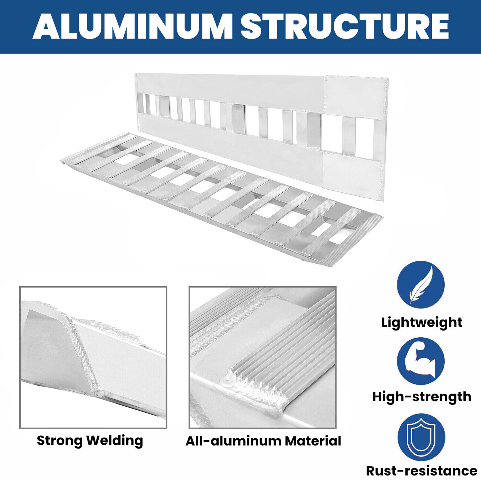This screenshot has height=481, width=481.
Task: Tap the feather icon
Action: click(421, 284)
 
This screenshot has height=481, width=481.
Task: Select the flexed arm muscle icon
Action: click(421, 361)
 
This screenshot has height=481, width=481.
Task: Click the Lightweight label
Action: click(421, 323)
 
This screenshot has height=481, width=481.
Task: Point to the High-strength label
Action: click(421, 397)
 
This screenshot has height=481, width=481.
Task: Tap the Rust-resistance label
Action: click(421, 471)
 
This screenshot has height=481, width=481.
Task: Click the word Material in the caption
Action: click(313, 441)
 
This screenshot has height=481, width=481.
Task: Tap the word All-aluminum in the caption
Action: click(233, 441)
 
